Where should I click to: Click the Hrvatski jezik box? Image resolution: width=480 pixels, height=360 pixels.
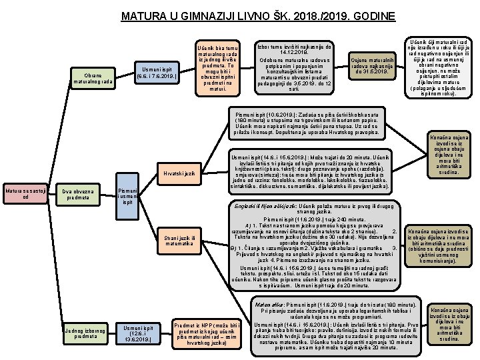[x=179, y=174]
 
